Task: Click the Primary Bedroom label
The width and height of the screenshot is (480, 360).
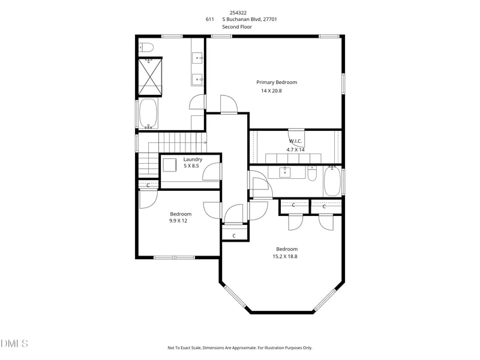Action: tap(277, 82)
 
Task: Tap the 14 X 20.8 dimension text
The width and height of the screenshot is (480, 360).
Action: tap(271, 91)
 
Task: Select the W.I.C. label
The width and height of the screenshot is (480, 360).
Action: tap(295, 142)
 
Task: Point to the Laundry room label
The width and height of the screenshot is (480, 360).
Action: tap(193, 159)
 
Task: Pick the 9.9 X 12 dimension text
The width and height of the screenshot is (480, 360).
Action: tap(178, 221)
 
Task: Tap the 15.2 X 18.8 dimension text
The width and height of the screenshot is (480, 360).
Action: tap(285, 256)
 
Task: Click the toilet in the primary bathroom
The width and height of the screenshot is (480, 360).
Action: tap(147, 47)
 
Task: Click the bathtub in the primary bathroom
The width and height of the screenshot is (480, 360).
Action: tap(148, 113)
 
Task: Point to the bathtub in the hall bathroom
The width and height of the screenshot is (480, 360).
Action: tap(332, 181)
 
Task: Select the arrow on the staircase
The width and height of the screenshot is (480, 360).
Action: tap(204, 143)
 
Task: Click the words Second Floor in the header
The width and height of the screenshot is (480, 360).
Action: tap(237, 27)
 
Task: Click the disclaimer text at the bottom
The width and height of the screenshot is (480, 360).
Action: tap(239, 347)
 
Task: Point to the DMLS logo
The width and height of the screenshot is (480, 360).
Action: tap(14, 344)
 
